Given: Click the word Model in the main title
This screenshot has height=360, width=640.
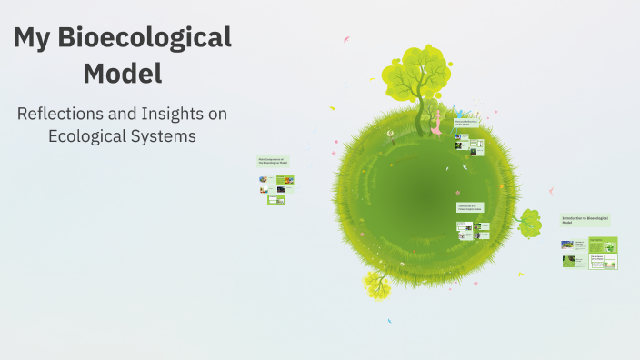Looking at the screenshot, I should tap(122, 73).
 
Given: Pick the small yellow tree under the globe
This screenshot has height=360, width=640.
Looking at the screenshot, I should tap(377, 286).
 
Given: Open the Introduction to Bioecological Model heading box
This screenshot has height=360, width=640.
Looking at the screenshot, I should tap(586, 220).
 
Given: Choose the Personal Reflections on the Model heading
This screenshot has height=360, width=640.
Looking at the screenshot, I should tap(467, 123).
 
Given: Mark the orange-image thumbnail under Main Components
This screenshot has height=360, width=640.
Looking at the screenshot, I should tap(285, 179).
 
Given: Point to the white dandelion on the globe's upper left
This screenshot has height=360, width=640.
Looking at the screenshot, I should tap(390, 134).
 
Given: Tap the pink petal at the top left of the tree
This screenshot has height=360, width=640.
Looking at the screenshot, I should tap(345, 39).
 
